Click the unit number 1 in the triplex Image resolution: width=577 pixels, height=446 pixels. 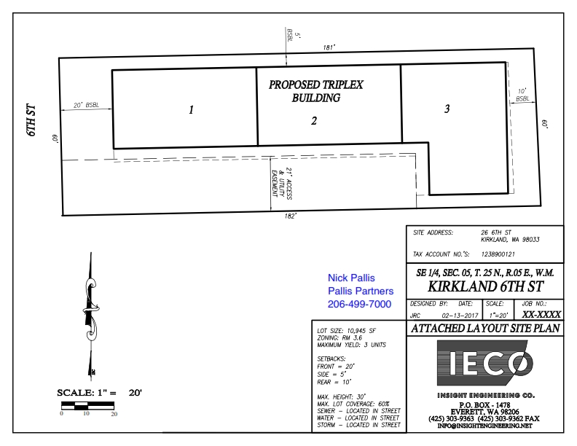(191, 109)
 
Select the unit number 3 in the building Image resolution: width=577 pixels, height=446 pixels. (447, 109)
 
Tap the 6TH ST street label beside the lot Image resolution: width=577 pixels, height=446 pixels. (32, 120)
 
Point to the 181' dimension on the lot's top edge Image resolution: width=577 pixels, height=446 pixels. (329, 47)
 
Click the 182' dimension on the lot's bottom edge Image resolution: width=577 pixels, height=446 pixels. (290, 216)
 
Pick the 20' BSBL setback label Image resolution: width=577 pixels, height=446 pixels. (87, 105)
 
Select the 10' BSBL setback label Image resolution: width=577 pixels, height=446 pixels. (522, 95)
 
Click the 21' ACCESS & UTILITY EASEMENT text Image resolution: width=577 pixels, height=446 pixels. (281, 184)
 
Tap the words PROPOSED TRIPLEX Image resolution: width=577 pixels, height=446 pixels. (315, 85)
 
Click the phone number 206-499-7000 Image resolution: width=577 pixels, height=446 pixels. (359, 305)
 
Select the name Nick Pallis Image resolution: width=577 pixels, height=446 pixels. (351, 278)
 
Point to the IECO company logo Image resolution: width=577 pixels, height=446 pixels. (485, 363)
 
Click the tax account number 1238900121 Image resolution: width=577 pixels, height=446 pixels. (498, 254)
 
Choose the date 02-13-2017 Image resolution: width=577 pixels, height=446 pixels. (460, 316)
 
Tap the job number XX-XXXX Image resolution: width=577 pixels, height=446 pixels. (541, 314)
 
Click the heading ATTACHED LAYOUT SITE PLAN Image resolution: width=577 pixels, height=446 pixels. (485, 328)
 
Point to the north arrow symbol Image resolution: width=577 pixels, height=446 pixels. (91, 316)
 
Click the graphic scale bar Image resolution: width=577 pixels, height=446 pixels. (87, 406)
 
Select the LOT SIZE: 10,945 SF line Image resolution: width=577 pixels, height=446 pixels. (346, 331)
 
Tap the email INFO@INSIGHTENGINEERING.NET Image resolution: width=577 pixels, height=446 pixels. (484, 426)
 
